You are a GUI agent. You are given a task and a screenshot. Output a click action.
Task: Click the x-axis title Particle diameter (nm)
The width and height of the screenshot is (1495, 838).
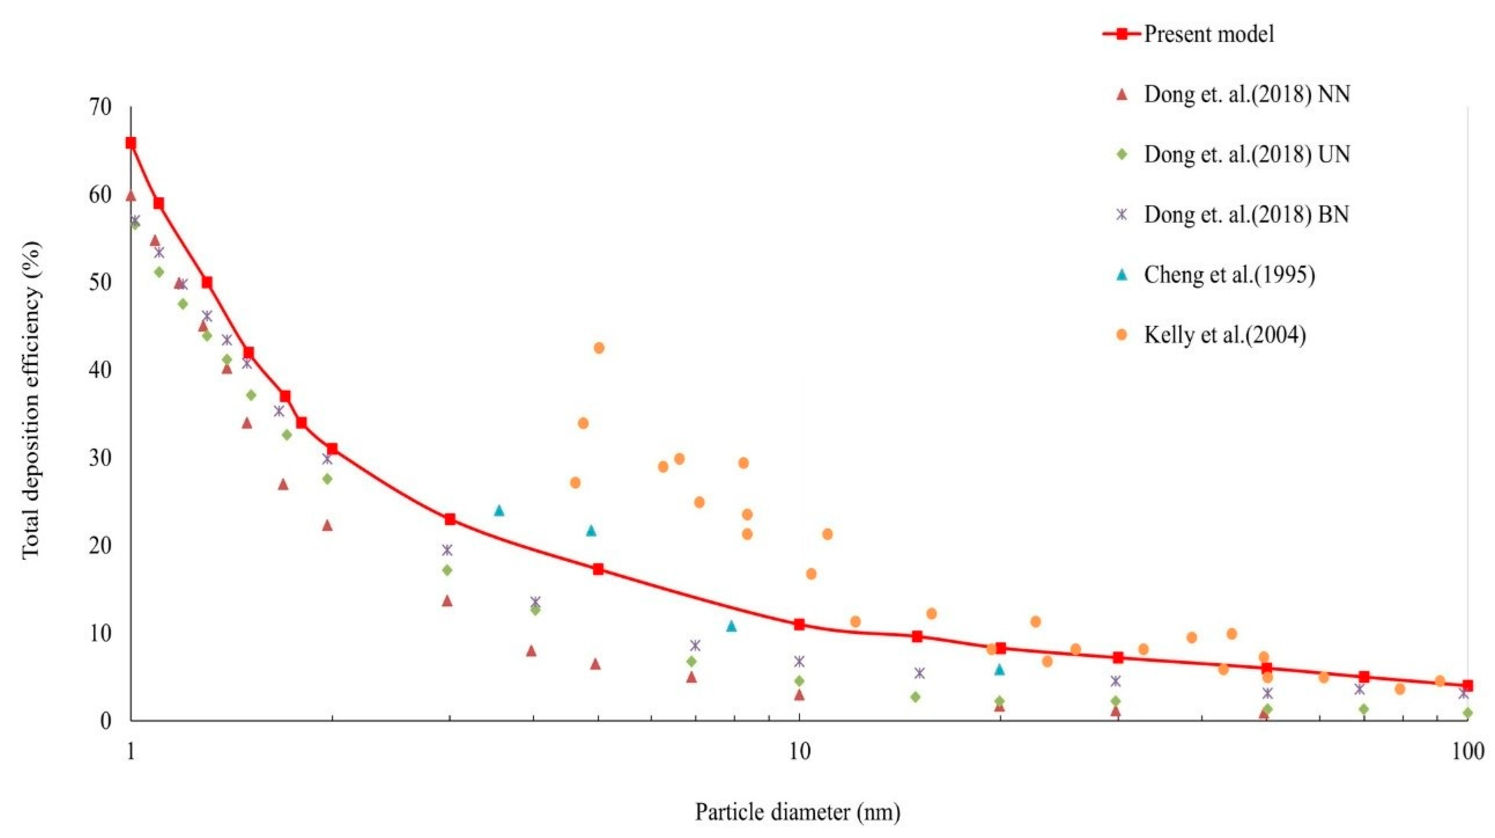(798, 812)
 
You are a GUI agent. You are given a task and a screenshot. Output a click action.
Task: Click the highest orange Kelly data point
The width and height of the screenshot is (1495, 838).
(599, 348)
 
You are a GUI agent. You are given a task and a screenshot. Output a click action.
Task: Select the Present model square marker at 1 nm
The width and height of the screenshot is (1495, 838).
(131, 143)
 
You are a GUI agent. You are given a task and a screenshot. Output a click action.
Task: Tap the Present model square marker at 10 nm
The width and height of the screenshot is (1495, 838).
(799, 625)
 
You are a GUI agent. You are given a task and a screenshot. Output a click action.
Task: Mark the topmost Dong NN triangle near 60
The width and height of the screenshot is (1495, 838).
(131, 196)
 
